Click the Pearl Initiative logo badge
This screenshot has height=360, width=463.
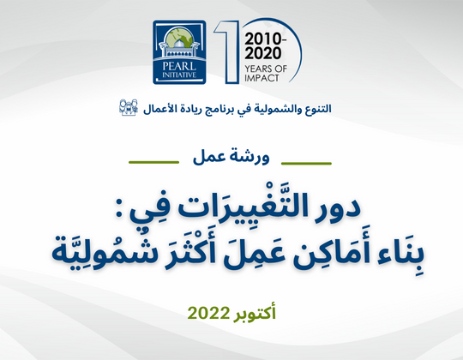pyautogui.click(x=182, y=52)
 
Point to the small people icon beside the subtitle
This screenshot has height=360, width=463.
pyautogui.click(x=129, y=108)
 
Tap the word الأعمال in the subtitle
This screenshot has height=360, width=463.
pyautogui.click(x=157, y=109)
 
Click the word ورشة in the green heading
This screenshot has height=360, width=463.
pyautogui.click(x=251, y=158)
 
